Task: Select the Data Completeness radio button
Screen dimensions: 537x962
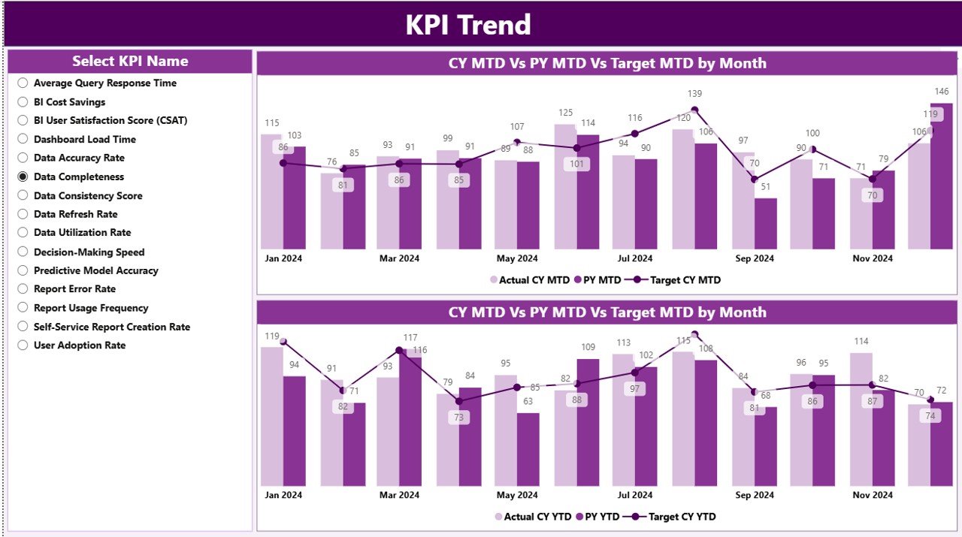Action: [23, 177]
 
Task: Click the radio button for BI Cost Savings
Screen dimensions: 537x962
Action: [23, 102]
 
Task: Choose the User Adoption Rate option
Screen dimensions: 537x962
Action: [23, 345]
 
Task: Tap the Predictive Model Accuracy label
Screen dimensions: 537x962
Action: [95, 270]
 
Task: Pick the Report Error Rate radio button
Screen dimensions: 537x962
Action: [23, 289]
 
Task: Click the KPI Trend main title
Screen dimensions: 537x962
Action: [468, 25]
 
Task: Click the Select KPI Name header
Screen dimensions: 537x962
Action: [130, 62]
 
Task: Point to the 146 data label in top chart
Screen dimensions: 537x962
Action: [941, 91]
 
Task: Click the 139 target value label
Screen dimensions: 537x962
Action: [694, 94]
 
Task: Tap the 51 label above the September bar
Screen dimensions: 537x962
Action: [765, 186]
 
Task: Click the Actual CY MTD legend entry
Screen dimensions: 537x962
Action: [530, 280]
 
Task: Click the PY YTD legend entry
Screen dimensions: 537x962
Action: [597, 517]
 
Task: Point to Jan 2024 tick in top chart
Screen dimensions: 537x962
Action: [283, 258]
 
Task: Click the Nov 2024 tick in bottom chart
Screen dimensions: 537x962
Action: [872, 495]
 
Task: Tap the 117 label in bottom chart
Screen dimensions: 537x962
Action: [410, 338]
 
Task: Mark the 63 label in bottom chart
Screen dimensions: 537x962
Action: [528, 401]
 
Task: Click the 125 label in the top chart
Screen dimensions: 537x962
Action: [565, 113]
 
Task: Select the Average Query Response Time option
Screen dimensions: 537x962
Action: [23, 83]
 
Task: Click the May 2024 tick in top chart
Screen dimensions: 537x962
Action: [517, 258]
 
